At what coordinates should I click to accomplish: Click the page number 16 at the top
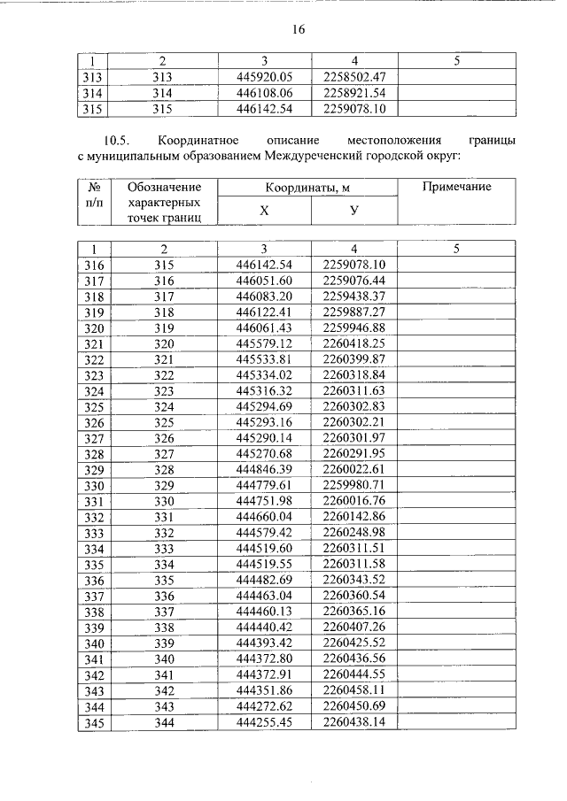pyautogui.click(x=299, y=29)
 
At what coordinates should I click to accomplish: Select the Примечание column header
pyautogui.click(x=456, y=187)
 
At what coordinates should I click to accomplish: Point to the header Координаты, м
pyautogui.click(x=309, y=188)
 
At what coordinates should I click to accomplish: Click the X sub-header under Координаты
pyautogui.click(x=264, y=212)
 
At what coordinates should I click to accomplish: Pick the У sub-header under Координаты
pyautogui.click(x=353, y=212)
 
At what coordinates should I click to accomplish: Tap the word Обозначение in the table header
pyautogui.click(x=164, y=187)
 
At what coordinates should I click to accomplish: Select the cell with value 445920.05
pyautogui.click(x=264, y=77)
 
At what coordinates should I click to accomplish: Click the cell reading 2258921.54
pyautogui.click(x=354, y=92)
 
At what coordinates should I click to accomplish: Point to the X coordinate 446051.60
pyautogui.click(x=264, y=281)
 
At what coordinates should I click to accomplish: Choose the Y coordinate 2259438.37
pyautogui.click(x=354, y=296)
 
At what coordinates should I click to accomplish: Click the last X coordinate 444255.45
pyautogui.click(x=264, y=722)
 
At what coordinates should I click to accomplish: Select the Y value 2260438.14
pyautogui.click(x=354, y=722)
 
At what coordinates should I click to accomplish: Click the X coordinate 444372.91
pyautogui.click(x=264, y=675)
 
